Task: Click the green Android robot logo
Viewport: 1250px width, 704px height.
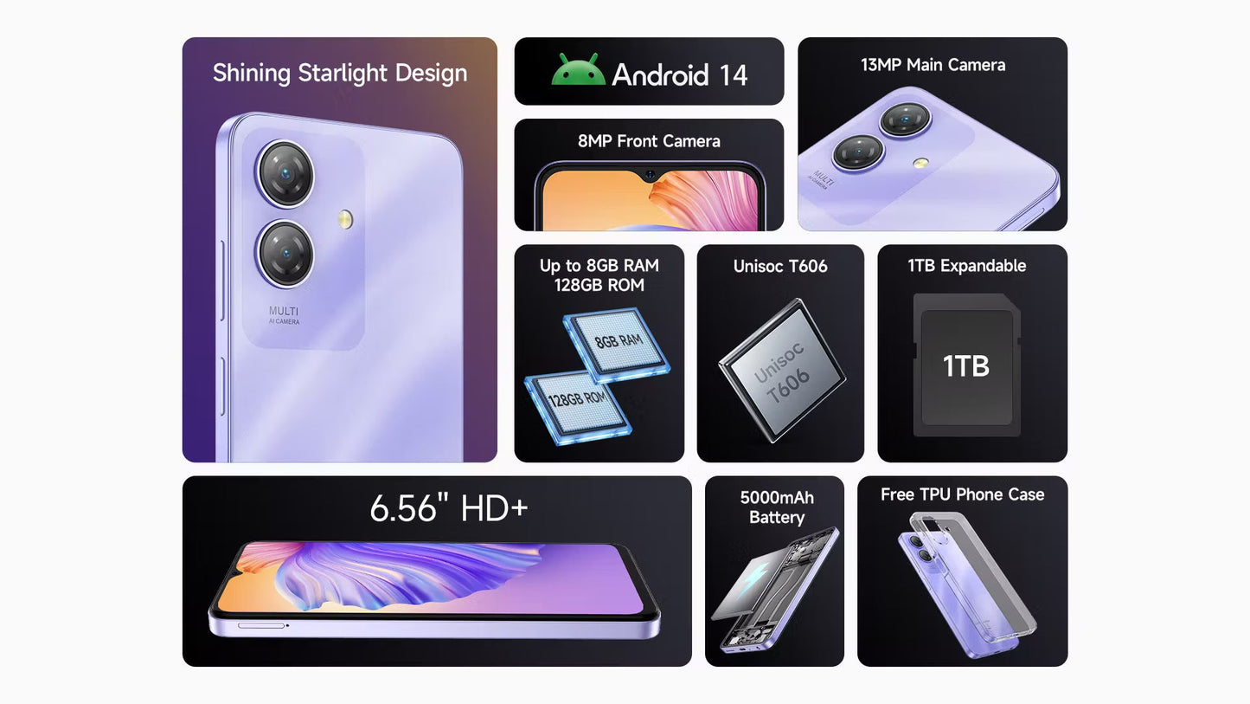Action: (578, 70)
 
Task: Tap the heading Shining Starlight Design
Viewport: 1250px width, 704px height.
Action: (340, 74)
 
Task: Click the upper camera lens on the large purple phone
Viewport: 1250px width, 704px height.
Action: (285, 174)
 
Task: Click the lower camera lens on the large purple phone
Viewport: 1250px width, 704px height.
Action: (285, 254)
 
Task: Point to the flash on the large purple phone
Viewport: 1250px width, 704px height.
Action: (345, 220)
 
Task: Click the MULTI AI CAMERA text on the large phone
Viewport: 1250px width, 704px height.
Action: (284, 314)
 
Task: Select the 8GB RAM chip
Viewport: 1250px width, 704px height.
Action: (617, 344)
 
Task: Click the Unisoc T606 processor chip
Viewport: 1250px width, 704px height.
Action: (782, 371)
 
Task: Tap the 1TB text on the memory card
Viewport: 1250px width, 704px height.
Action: (966, 366)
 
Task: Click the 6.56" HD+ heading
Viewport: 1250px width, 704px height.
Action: (449, 508)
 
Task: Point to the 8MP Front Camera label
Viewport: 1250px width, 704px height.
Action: (649, 141)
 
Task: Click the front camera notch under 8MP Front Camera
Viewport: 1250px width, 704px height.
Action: (651, 176)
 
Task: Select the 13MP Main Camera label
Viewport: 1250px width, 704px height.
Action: (933, 65)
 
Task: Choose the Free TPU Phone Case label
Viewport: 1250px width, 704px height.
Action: (963, 494)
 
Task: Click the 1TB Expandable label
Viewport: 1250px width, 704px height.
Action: (966, 266)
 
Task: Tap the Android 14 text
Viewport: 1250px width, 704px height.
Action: (680, 74)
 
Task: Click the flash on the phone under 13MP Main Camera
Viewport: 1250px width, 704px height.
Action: (920, 163)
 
